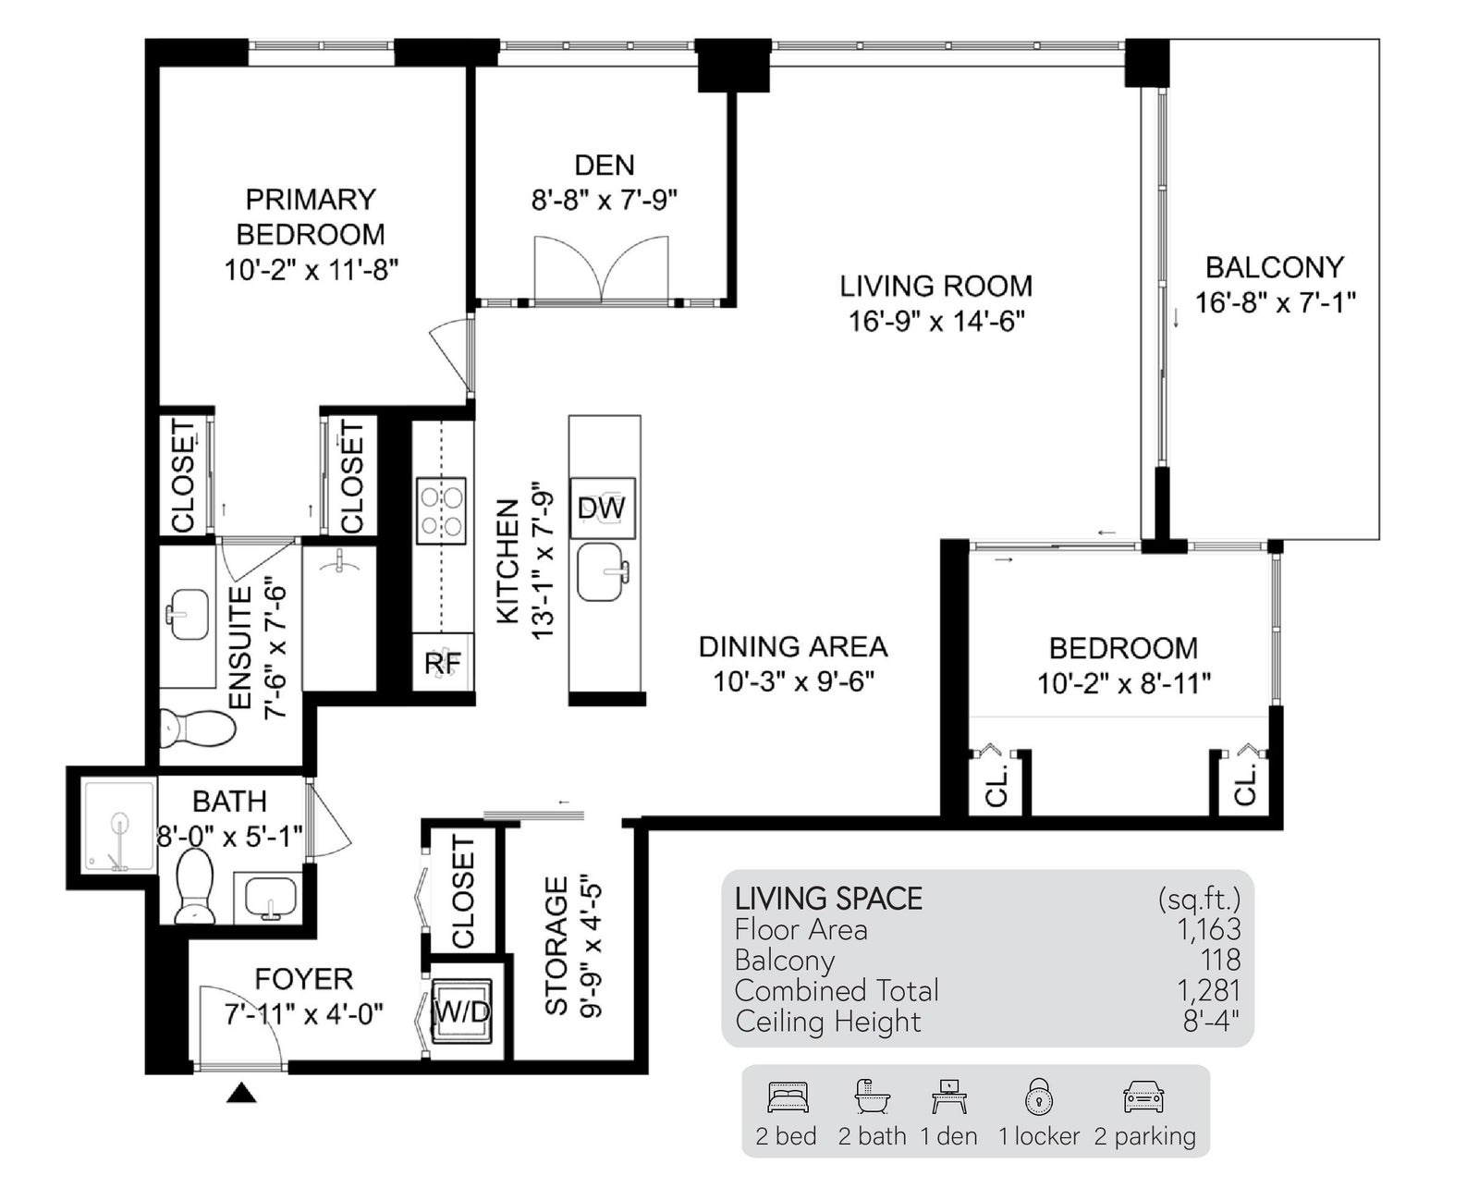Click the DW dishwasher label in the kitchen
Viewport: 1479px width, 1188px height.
tap(602, 508)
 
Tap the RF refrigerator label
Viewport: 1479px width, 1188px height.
tap(442, 664)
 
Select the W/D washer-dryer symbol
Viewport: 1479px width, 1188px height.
tap(462, 1010)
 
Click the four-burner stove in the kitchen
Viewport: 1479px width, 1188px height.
tap(441, 511)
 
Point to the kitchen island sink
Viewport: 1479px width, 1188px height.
tap(603, 571)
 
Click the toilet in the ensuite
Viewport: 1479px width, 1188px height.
tap(197, 729)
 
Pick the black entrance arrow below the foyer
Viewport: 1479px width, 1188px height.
tap(241, 1093)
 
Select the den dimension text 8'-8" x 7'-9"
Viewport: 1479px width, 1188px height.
tap(605, 201)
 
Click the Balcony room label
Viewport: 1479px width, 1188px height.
tap(1275, 267)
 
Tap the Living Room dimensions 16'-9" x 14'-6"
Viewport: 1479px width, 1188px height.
tap(936, 321)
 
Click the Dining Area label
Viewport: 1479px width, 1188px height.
tap(793, 647)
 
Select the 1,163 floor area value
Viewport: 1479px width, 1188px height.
tap(1209, 929)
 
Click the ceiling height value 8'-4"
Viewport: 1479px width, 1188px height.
tap(1211, 1022)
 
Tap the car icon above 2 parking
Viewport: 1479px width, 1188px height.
tap(1143, 1097)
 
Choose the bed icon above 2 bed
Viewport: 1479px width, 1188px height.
tap(788, 1097)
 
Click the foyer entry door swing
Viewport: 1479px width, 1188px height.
tap(240, 1027)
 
